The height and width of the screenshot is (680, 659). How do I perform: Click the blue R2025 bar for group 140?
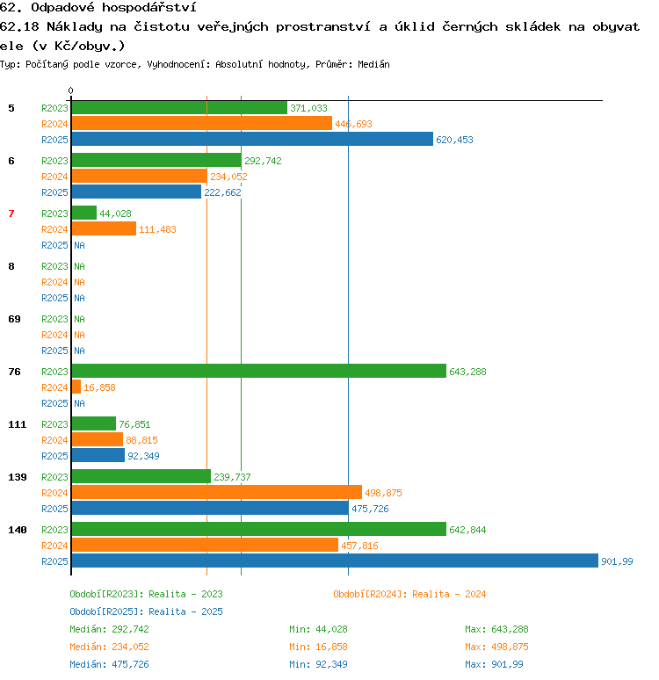[x=335, y=561]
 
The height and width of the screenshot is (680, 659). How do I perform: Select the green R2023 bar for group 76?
[x=259, y=372]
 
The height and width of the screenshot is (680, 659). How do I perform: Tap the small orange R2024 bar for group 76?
[x=76, y=387]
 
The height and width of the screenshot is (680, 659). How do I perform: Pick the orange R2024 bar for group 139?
[x=217, y=492]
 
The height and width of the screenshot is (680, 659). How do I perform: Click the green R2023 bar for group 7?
[x=84, y=213]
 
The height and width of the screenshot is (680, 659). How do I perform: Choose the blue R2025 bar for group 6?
[x=137, y=192]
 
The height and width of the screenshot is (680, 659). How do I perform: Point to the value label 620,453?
[x=454, y=140]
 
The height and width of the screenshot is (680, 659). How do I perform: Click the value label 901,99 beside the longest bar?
[x=617, y=561]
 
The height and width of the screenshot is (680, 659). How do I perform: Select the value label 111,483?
[x=157, y=229]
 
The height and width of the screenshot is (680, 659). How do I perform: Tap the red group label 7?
[x=11, y=213]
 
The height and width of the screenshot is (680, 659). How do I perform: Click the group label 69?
[x=14, y=319]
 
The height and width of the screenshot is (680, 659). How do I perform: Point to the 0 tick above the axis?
[x=70, y=90]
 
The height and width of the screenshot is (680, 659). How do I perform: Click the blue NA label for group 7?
[x=79, y=245]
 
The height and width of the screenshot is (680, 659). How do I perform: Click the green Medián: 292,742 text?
[x=109, y=629]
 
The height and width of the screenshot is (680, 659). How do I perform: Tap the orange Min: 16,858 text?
[x=318, y=647]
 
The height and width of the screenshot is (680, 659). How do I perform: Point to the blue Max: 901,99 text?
[x=494, y=664]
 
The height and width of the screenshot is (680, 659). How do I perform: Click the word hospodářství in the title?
[x=149, y=7]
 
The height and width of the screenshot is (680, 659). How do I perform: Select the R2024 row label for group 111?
[x=54, y=440]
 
